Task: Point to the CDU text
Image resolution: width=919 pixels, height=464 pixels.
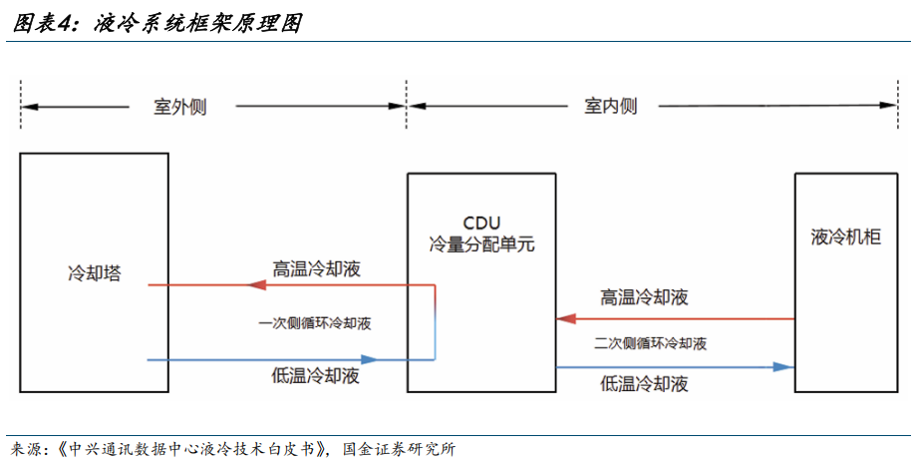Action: coord(481,222)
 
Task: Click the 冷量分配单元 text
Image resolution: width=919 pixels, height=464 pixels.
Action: coord(481,243)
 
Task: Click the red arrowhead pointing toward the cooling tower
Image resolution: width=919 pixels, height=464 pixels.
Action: coord(255,285)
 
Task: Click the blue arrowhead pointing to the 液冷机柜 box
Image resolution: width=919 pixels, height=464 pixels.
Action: coord(783,367)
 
